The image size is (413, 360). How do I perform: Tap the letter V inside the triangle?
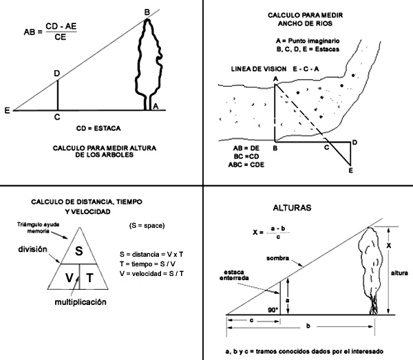click(x=70, y=277)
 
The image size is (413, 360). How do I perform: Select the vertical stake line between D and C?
click(x=57, y=95)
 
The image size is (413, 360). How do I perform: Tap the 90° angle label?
click(x=273, y=310)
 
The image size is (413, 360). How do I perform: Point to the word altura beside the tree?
click(x=399, y=273)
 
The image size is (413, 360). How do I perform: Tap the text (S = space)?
click(x=147, y=225)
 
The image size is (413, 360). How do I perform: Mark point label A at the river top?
click(x=275, y=80)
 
